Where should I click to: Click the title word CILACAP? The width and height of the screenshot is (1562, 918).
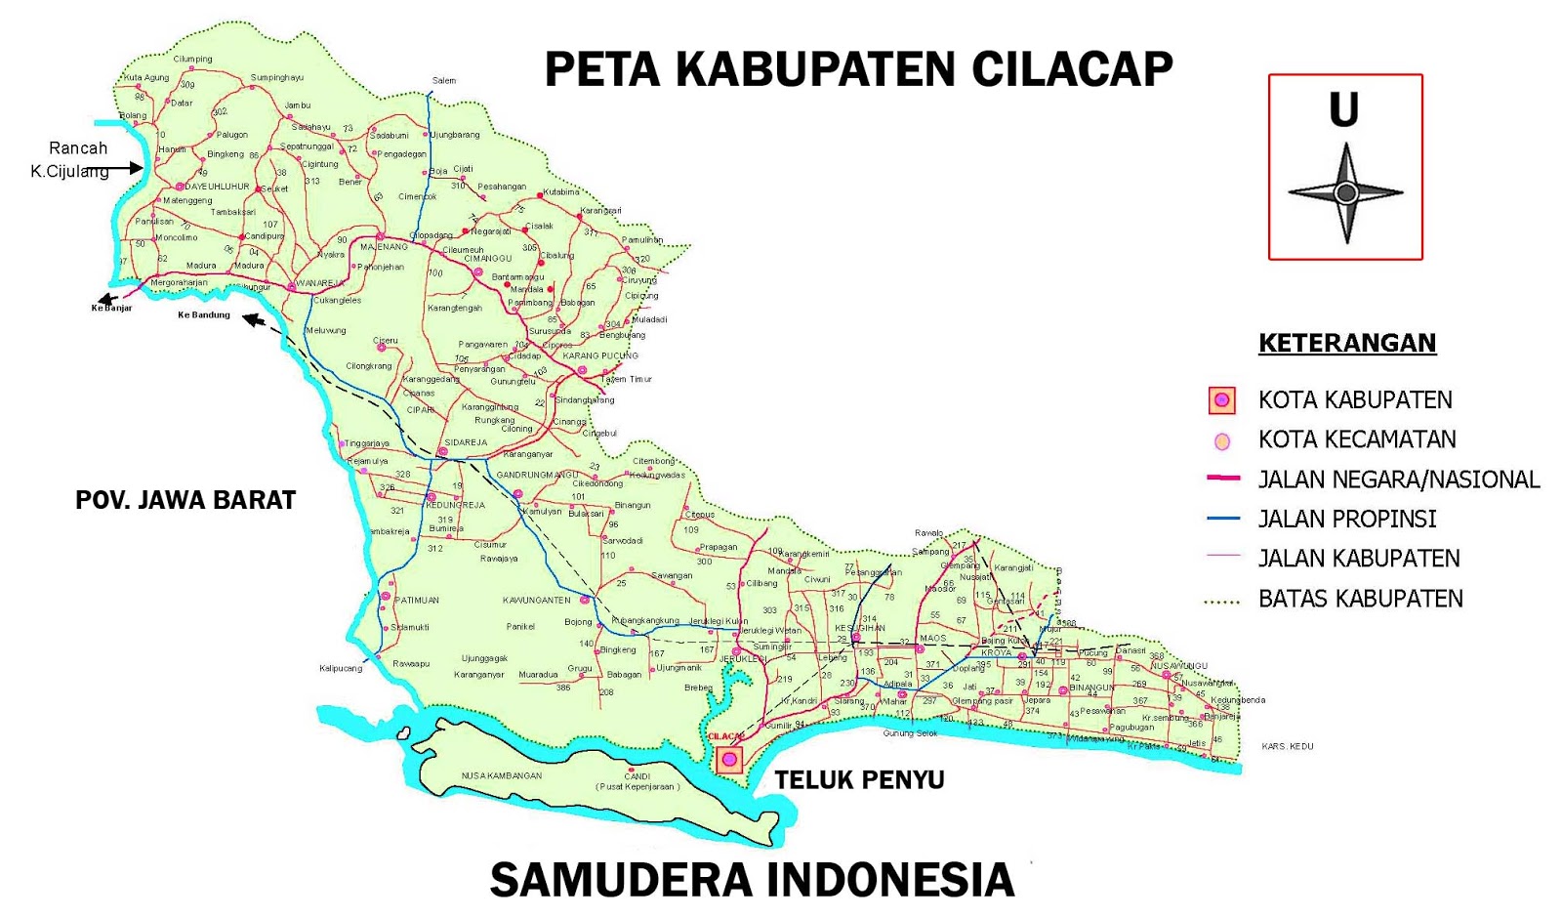click(x=1071, y=69)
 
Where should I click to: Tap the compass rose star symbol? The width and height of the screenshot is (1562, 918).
click(x=1345, y=193)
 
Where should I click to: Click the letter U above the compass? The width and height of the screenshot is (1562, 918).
click(x=1344, y=109)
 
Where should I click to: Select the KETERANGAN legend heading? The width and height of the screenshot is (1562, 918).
click(x=1346, y=343)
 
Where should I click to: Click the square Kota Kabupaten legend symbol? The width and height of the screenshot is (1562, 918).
click(x=1221, y=400)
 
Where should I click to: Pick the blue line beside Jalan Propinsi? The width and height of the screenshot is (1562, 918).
click(x=1222, y=519)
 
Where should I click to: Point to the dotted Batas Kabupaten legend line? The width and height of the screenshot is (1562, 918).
click(x=1222, y=603)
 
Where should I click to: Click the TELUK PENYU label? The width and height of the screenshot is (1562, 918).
click(x=859, y=779)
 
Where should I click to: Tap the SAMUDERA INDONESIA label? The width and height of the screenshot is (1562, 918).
click(x=752, y=880)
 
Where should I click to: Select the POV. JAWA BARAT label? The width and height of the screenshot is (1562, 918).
click(x=185, y=500)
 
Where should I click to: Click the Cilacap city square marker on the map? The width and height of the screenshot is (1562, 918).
click(x=729, y=760)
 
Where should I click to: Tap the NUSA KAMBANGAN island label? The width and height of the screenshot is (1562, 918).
click(x=501, y=775)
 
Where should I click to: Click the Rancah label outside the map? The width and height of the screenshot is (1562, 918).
click(x=78, y=148)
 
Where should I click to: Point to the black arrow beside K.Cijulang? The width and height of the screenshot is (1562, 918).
click(x=125, y=169)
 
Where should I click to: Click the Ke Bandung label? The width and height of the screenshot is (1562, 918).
click(x=204, y=315)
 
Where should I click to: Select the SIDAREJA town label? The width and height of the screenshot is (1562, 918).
click(x=466, y=442)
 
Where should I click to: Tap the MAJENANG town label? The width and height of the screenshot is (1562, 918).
click(x=384, y=247)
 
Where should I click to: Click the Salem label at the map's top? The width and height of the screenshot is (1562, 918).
click(x=444, y=81)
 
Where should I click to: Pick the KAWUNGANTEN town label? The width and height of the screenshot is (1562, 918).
click(x=536, y=600)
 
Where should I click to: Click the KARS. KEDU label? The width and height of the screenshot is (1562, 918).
click(x=1287, y=746)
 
